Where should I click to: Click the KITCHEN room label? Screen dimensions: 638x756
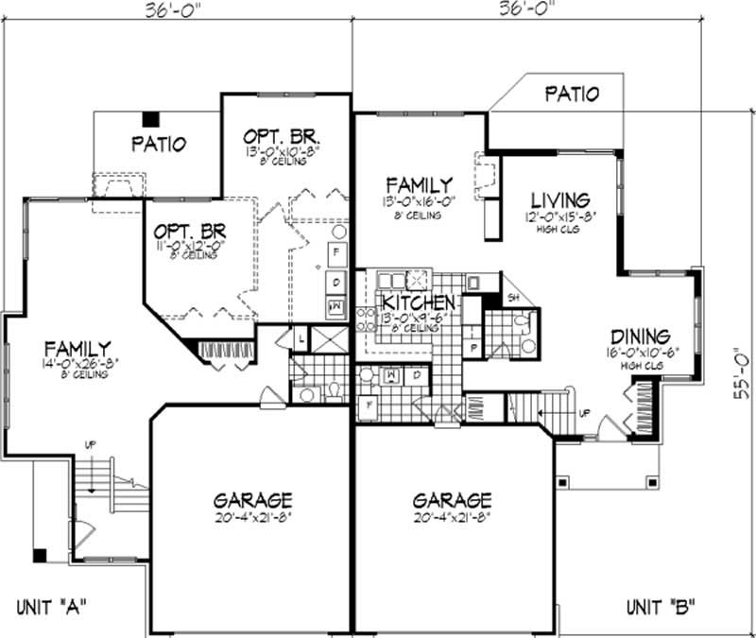coord(421,302)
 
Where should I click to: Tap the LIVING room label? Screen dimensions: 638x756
coord(560,200)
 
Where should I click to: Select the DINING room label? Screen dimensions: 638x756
coord(640,336)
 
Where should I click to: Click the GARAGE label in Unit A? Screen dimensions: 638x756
coord(251,500)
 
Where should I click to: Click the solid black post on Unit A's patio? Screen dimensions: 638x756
coord(150,119)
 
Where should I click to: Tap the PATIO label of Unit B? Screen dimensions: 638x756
coord(572,94)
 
